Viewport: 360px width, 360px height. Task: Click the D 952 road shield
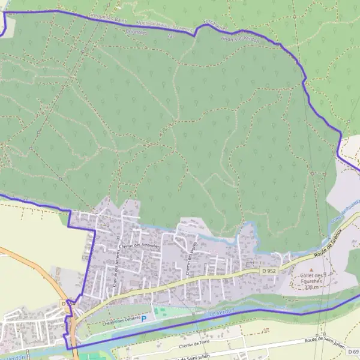point(268,271)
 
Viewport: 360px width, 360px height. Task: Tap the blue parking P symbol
point(143,319)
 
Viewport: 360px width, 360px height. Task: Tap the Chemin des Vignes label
point(191,262)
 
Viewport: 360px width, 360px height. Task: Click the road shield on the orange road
point(68,304)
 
